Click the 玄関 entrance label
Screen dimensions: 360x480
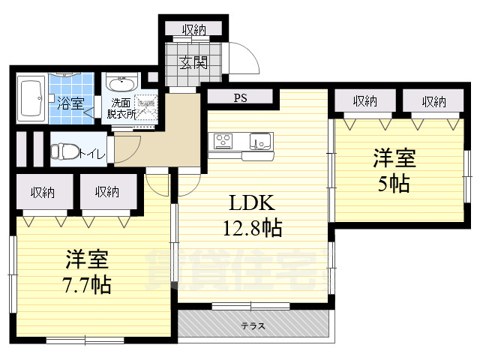(193, 63)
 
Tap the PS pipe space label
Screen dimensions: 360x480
(240, 97)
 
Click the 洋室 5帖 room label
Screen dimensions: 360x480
(394, 171)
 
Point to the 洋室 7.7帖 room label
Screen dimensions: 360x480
(87, 272)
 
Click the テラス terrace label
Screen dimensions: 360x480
(253, 326)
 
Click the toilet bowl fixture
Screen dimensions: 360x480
(64, 151)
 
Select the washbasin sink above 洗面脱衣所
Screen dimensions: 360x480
(120, 82)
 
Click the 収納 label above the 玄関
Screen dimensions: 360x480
(193, 30)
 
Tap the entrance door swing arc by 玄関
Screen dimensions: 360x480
(241, 58)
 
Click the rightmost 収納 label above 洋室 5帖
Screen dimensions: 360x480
(433, 101)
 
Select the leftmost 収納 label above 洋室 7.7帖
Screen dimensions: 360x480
(42, 192)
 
